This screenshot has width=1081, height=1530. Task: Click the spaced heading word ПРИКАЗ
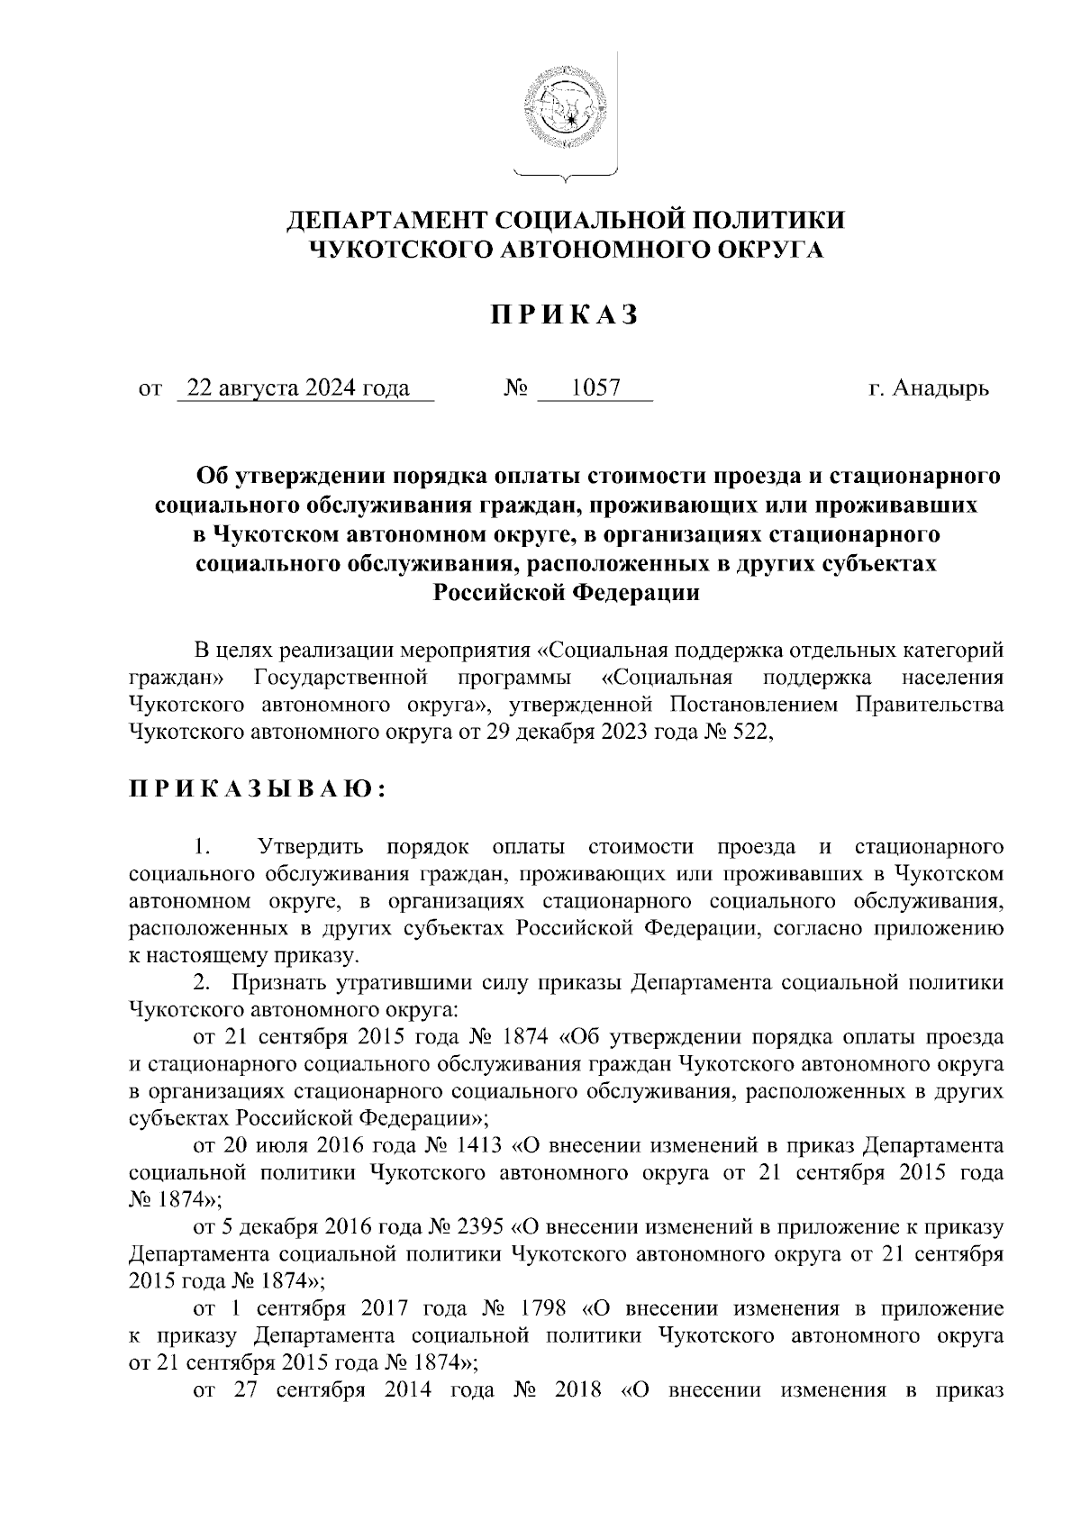pos(565,315)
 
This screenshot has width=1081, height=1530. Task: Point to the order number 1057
pos(596,389)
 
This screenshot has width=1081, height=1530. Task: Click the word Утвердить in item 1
pos(311,847)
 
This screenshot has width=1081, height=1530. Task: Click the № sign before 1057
pos(516,389)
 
